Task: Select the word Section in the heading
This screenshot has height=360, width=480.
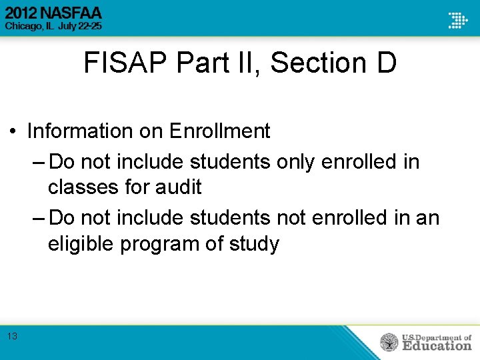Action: pyautogui.click(x=317, y=63)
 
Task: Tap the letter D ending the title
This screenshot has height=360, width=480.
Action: pyautogui.click(x=386, y=63)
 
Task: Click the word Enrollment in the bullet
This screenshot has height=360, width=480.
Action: pyautogui.click(x=219, y=131)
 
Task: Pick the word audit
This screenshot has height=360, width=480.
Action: pyautogui.click(x=179, y=188)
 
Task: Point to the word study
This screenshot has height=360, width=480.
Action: pyautogui.click(x=253, y=244)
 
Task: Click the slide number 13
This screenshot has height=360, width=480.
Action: pyautogui.click(x=13, y=337)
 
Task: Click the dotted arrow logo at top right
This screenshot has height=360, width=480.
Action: pyautogui.click(x=457, y=19)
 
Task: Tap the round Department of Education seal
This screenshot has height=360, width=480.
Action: pyautogui.click(x=389, y=343)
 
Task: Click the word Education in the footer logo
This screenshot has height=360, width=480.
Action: pyautogui.click(x=436, y=345)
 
